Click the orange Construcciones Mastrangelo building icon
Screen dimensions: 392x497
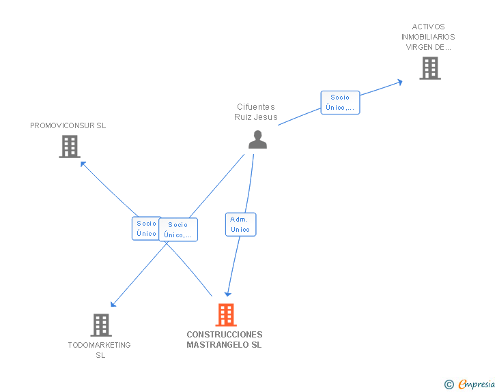click(226, 315)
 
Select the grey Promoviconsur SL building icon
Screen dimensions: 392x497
click(70, 147)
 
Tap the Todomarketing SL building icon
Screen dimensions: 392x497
click(100, 325)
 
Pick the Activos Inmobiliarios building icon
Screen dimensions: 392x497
click(429, 68)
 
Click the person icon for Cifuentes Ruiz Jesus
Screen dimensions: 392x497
click(257, 139)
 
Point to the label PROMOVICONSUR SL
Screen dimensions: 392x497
click(68, 125)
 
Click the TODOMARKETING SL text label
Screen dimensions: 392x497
click(100, 350)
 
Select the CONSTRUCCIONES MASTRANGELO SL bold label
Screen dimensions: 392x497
click(224, 340)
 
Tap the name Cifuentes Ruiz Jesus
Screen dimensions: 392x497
click(256, 112)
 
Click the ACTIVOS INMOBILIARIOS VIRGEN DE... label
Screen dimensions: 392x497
click(428, 37)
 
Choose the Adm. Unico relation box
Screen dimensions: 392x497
click(240, 224)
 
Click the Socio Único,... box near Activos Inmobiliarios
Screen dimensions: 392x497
click(339, 102)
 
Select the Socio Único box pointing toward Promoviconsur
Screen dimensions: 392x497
click(145, 228)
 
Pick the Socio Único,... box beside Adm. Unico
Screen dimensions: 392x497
click(178, 230)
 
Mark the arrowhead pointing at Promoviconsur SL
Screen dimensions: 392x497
click(83, 163)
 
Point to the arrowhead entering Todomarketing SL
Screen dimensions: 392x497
click(113, 304)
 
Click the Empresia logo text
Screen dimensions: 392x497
click(477, 385)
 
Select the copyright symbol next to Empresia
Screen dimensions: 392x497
click(449, 385)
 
